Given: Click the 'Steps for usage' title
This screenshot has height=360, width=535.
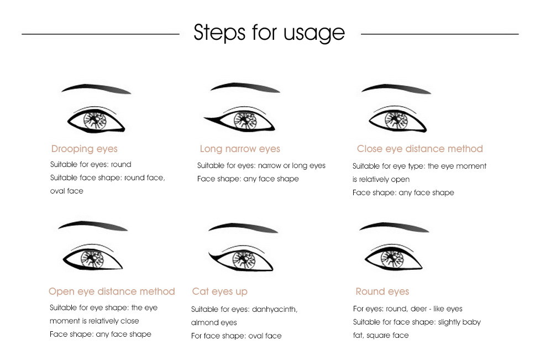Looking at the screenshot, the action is pyautogui.click(x=269, y=33).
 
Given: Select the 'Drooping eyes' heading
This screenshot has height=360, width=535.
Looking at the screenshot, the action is pyautogui.click(x=84, y=149).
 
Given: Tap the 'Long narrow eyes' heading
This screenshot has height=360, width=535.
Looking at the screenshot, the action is pyautogui.click(x=240, y=149).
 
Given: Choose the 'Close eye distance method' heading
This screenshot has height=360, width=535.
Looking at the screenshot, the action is pyautogui.click(x=419, y=149).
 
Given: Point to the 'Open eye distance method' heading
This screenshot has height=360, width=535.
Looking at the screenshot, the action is pyautogui.click(x=112, y=291).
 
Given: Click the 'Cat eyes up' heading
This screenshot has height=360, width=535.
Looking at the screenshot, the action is pyautogui.click(x=220, y=291).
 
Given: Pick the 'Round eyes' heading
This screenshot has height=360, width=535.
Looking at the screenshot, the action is pyautogui.click(x=382, y=291).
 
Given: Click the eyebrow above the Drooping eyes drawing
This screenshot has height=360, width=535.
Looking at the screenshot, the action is pyautogui.click(x=96, y=88).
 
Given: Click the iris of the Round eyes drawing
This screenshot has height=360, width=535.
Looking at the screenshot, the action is pyautogui.click(x=392, y=259).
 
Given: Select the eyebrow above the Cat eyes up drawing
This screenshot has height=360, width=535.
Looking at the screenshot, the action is pyautogui.click(x=243, y=227).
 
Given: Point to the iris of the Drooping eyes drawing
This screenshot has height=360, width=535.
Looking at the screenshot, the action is pyautogui.click(x=95, y=121).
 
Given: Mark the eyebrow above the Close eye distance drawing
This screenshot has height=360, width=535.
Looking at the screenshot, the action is pyautogui.click(x=396, y=88).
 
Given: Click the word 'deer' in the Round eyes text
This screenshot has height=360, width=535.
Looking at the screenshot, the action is pyautogui.click(x=418, y=309).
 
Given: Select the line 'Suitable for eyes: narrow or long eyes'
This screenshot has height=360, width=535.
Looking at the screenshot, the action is pyautogui.click(x=261, y=165).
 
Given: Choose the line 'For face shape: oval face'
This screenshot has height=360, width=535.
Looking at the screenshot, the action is pyautogui.click(x=237, y=336).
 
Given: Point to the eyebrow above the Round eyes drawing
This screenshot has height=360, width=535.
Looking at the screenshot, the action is pyautogui.click(x=394, y=227).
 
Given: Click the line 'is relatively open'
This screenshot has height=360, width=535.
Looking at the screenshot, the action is pyautogui.click(x=381, y=180).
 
